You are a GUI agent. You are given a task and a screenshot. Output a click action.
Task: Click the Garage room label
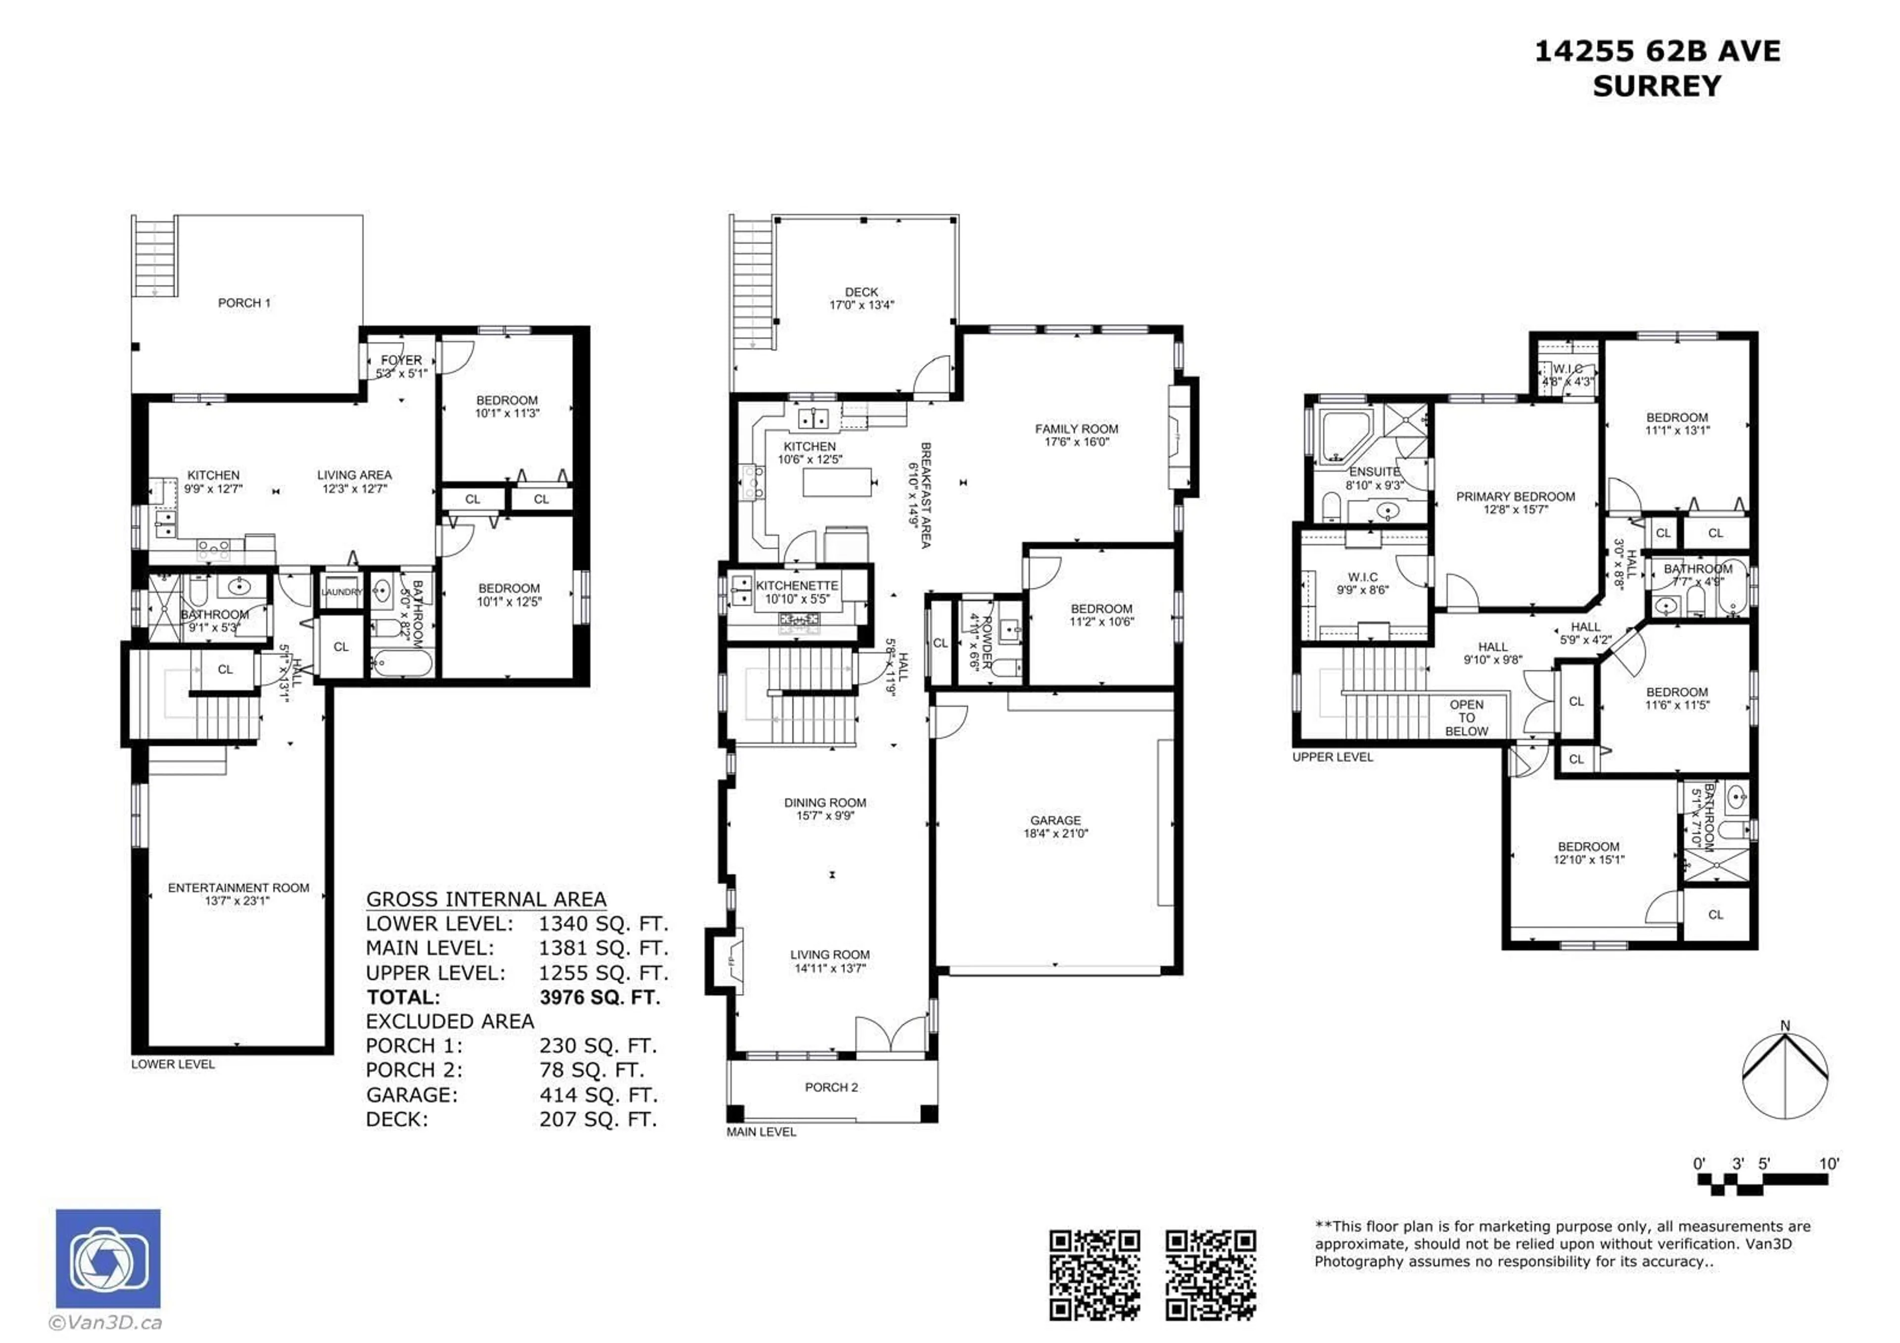(1055, 820)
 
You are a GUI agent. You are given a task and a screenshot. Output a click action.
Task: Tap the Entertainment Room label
(238, 888)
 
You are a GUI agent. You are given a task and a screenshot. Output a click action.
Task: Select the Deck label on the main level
(861, 292)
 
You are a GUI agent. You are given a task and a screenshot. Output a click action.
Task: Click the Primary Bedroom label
(1515, 496)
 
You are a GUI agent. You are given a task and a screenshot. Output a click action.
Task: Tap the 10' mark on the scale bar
(1828, 1163)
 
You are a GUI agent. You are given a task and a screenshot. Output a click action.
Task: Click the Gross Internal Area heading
(486, 900)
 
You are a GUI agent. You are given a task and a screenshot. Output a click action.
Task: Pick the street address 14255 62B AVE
(1657, 51)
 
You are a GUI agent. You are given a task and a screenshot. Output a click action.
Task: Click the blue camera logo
(108, 1258)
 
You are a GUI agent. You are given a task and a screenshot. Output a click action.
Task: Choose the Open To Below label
(1467, 718)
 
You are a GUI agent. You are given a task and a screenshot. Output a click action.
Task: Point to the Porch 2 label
(831, 1087)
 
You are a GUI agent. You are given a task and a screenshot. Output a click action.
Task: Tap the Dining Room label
(825, 803)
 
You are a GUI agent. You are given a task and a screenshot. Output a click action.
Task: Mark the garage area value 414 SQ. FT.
(598, 1095)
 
